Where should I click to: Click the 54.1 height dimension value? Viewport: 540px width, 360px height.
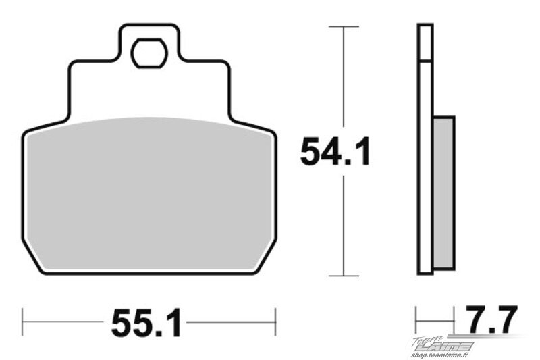[x=335, y=151]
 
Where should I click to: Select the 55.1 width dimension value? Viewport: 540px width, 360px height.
[x=146, y=322]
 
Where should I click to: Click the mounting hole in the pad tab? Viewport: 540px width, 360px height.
[x=148, y=53]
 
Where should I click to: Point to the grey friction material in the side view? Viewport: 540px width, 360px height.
[x=444, y=192]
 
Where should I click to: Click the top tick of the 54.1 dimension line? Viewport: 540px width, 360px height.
[x=344, y=26]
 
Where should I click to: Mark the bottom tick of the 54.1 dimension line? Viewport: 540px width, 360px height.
[x=344, y=276]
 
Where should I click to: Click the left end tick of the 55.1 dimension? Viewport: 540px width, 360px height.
[x=23, y=322]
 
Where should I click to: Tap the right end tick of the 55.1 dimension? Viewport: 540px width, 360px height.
[x=275, y=322]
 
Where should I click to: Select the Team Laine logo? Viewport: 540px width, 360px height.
[x=443, y=344]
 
